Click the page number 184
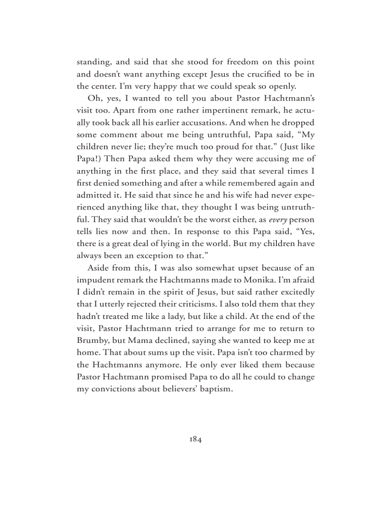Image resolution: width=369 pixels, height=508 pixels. click(x=195, y=439)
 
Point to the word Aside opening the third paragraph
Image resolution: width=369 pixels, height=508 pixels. click(x=98, y=268)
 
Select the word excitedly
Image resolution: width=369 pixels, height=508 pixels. click(x=295, y=292)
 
